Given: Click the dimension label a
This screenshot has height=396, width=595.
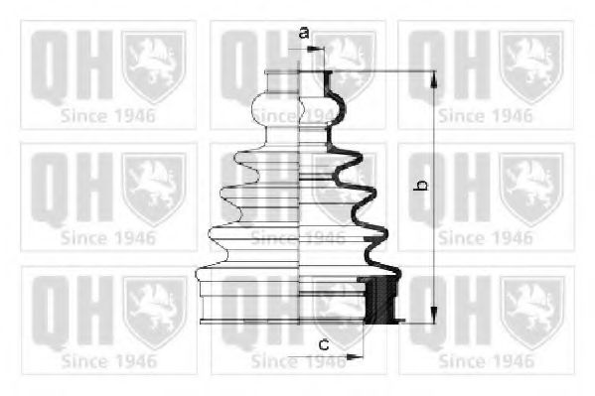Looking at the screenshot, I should tap(304, 33).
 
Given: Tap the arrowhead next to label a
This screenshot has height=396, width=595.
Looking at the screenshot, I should tap(321, 46).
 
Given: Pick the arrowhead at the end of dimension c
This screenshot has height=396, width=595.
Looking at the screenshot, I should tap(359, 355).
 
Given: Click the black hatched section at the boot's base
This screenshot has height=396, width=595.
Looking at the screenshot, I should tap(376, 302).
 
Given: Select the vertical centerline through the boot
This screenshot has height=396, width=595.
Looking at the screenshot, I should tap(300, 198).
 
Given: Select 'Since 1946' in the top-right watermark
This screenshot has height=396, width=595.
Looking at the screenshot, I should tap(486, 114).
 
